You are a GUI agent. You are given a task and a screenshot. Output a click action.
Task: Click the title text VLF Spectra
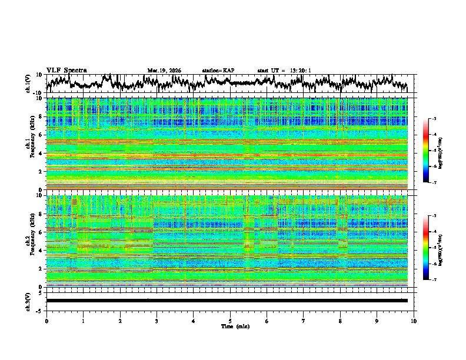(x=66, y=71)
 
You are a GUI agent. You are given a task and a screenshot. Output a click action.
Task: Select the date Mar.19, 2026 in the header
(x=164, y=71)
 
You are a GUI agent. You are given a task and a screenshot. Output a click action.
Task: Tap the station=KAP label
(x=218, y=71)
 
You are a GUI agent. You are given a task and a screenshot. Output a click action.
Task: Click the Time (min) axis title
(x=235, y=326)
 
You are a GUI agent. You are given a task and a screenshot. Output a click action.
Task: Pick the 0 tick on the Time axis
(x=46, y=321)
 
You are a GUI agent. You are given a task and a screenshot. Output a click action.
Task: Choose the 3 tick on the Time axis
(x=157, y=321)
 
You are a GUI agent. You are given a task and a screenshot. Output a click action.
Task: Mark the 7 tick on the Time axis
(x=304, y=321)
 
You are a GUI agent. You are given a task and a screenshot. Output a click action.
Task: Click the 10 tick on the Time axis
(x=414, y=321)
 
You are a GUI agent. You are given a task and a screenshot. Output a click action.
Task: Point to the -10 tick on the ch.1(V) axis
(x=38, y=92)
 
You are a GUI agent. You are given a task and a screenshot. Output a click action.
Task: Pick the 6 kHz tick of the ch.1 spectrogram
(x=41, y=135)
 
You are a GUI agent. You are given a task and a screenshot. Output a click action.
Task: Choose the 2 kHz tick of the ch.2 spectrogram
(x=41, y=268)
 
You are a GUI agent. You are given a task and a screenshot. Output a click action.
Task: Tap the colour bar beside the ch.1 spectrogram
(x=431, y=151)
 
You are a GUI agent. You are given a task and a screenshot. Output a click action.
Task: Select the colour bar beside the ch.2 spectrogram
(x=431, y=247)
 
